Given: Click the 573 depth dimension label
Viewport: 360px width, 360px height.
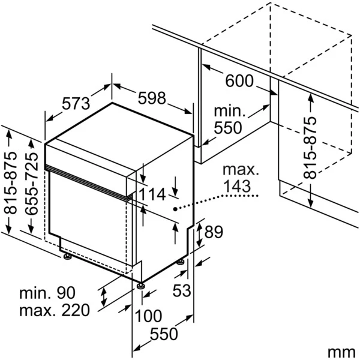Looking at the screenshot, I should click(76, 103).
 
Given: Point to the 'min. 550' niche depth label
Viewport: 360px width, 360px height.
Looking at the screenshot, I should click(229, 119).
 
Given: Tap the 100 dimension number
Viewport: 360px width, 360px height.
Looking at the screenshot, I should click(147, 315).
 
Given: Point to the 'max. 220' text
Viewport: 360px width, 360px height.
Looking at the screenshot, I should click(54, 310).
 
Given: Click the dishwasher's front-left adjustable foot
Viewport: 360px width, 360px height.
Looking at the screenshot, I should click(67, 257).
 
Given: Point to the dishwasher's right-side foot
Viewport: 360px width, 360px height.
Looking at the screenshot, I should click(180, 262).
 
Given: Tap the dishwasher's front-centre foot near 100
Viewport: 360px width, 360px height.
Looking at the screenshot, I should click(140, 286).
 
